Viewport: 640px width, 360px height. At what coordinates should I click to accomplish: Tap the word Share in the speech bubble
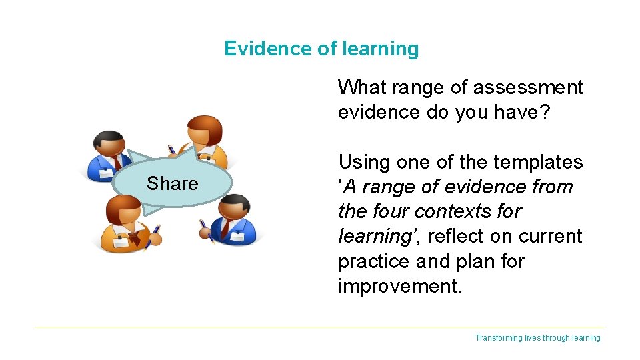tap(172, 183)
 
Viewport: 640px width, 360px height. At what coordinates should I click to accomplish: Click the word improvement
tap(399, 286)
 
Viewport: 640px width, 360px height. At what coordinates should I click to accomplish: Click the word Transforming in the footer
tap(497, 338)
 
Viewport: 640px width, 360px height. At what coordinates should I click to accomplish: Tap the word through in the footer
tap(555, 338)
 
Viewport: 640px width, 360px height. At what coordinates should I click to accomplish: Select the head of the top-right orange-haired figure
tap(205, 130)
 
